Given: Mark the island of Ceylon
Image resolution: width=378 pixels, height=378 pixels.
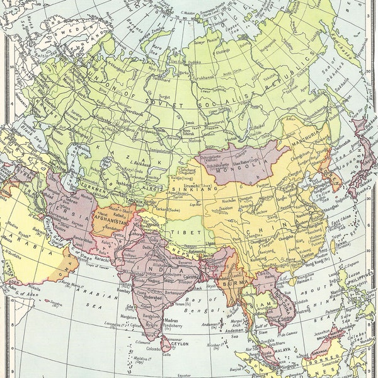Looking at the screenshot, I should click(x=166, y=343).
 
